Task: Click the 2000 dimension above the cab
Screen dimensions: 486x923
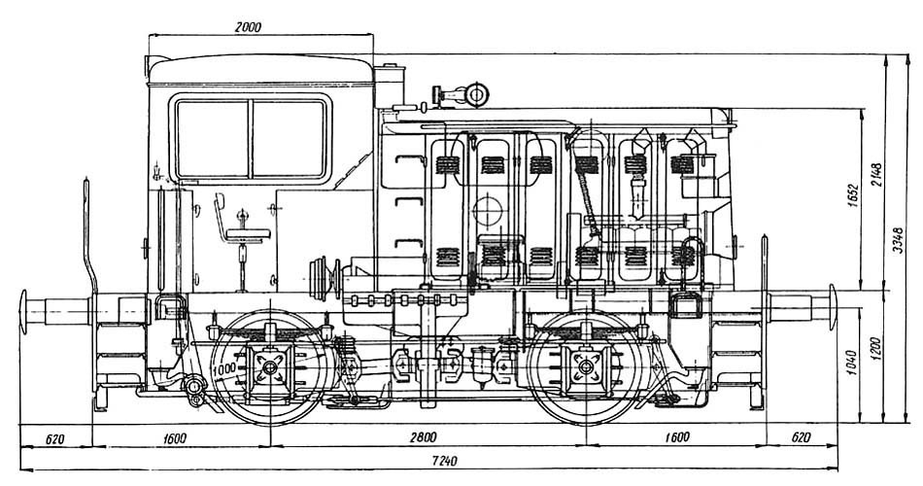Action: (249, 28)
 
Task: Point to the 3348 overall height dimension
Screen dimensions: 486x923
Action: (899, 239)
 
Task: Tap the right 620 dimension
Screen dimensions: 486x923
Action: (801, 437)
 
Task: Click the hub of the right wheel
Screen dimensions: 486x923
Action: (586, 368)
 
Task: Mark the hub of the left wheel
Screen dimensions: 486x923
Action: (267, 368)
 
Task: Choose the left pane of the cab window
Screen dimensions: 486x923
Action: (212, 138)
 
